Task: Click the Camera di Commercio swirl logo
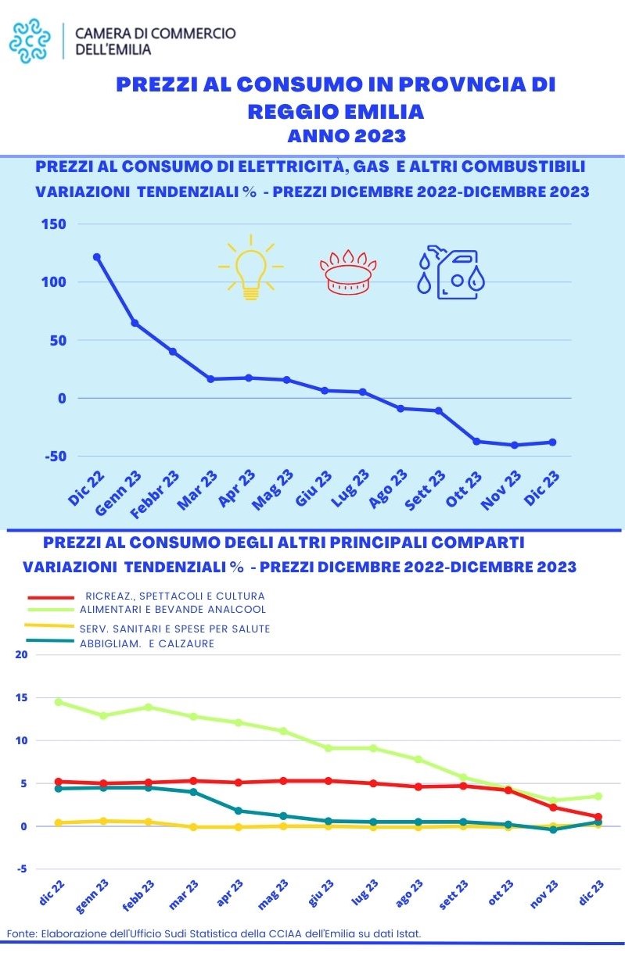pos(34,41)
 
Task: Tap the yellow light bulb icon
pos(250,267)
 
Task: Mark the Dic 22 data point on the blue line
pos(97,256)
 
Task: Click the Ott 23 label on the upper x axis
pos(465,488)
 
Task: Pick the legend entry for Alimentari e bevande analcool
pos(172,609)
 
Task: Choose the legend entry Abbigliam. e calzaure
pos(147,643)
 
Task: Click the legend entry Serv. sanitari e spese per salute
pos(174,629)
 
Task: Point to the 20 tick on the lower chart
pos(21,654)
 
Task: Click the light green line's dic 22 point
pos(58,702)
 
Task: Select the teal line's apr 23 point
pos(239,810)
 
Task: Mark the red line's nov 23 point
pos(553,807)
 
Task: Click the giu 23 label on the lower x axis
pos(321,893)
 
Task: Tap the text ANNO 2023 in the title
pos(347,136)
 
